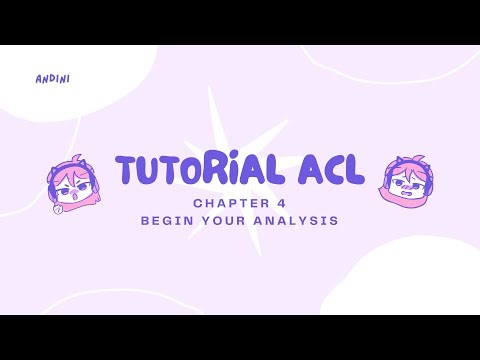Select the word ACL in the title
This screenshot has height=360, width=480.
coord(326,171)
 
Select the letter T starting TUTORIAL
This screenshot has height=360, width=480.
coord(127,171)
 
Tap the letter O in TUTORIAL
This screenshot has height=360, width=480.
coord(186,171)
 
